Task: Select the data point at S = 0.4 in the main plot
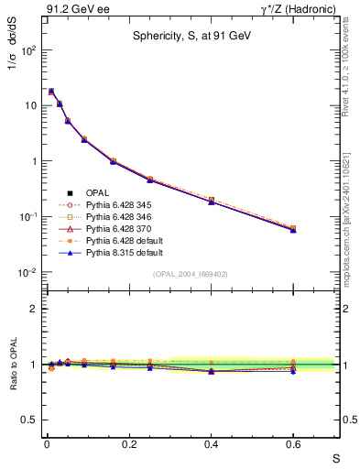pos(211,201)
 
